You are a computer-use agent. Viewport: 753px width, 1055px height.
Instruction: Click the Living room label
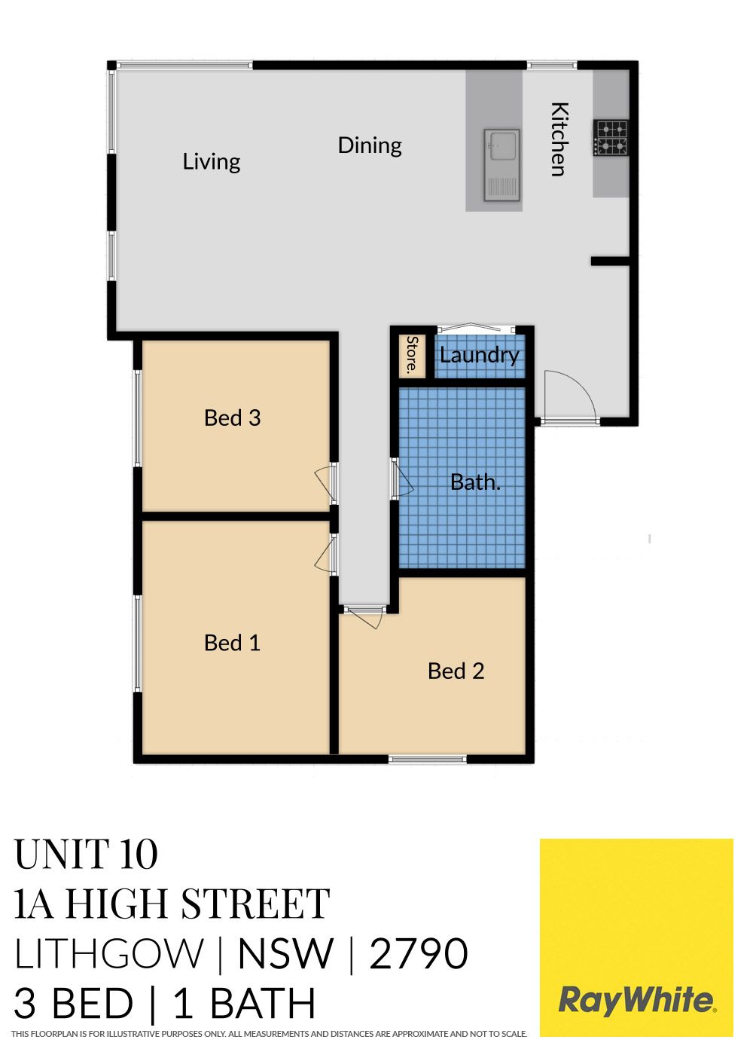tap(212, 161)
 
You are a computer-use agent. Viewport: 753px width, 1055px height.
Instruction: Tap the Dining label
tap(370, 145)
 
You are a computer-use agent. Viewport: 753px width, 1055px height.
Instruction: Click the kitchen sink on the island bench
tap(502, 165)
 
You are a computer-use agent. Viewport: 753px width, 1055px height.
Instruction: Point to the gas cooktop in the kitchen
tap(611, 137)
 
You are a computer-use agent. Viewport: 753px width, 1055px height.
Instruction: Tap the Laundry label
tap(479, 356)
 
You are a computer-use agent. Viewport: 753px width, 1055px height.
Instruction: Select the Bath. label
tap(475, 482)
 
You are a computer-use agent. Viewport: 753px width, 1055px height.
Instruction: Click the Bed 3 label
tap(232, 417)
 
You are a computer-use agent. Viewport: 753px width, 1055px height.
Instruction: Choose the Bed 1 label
tap(232, 643)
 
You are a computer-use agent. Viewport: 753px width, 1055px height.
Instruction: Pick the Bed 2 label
tap(456, 671)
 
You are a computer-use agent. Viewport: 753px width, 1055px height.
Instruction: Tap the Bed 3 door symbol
tap(325, 484)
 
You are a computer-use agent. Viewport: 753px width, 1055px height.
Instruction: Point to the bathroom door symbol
tap(402, 479)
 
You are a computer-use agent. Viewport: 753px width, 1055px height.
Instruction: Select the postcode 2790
tap(419, 954)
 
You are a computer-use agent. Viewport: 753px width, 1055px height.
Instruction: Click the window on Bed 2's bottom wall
tap(427, 759)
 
